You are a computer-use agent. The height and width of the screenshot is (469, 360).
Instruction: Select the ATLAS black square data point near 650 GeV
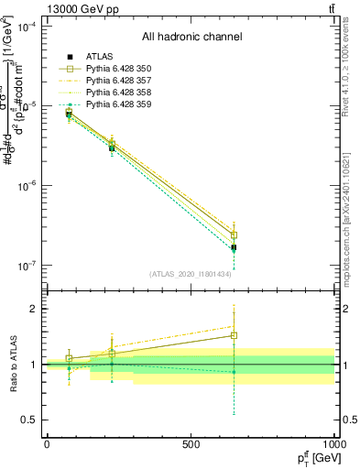234,247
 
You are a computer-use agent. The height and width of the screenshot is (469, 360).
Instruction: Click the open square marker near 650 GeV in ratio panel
234,335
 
